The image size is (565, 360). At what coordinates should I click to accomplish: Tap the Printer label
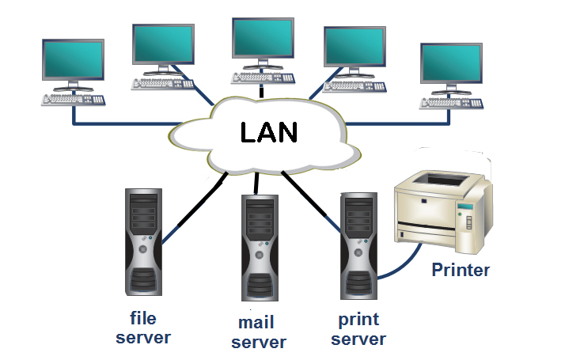[x=461, y=270]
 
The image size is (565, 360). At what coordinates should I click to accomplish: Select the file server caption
[x=142, y=328]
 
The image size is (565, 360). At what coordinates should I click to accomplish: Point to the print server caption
[x=358, y=329]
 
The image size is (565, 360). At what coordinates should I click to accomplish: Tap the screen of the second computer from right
[x=356, y=47]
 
